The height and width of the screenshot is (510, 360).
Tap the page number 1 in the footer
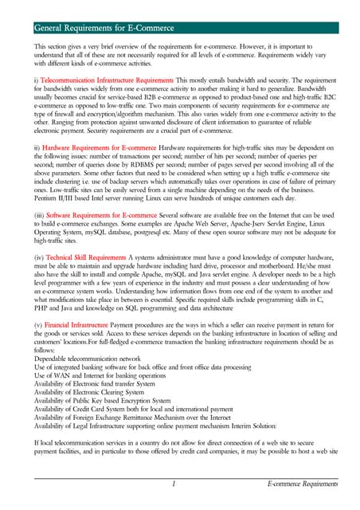(x=173, y=484)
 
